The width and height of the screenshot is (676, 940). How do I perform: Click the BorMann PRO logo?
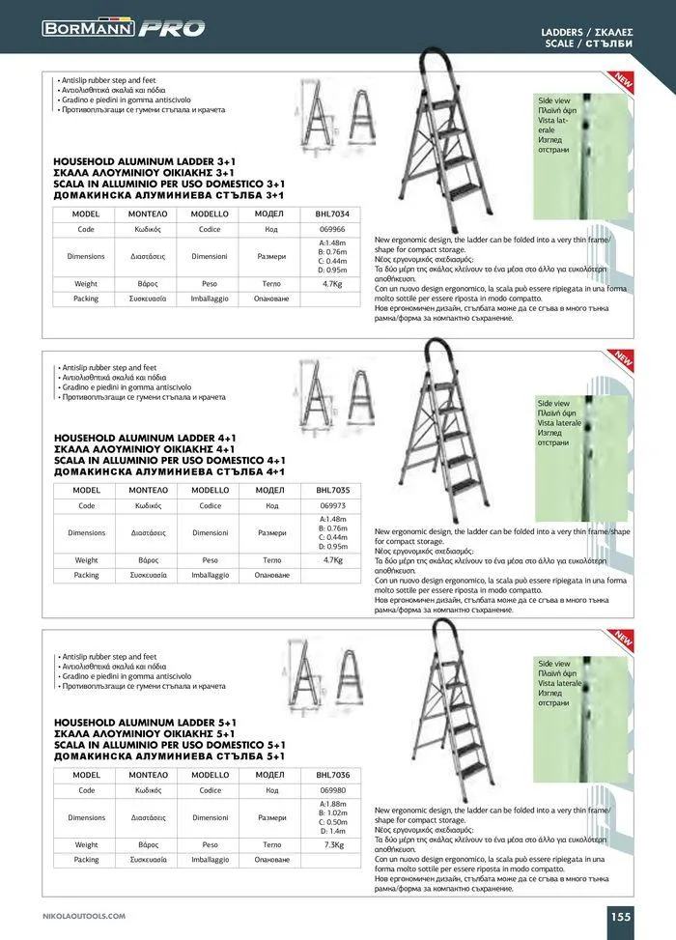click(x=124, y=28)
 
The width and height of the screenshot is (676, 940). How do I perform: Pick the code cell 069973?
click(x=332, y=505)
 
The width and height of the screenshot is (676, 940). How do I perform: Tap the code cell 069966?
click(x=332, y=229)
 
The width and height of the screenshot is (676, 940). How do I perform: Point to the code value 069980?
click(x=332, y=790)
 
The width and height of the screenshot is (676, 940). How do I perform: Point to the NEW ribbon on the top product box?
click(x=622, y=84)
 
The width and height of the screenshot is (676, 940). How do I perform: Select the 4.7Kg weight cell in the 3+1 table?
click(x=332, y=284)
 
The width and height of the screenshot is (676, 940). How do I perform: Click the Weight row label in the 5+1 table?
click(x=87, y=843)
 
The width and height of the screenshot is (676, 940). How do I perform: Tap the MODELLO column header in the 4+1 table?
click(x=211, y=490)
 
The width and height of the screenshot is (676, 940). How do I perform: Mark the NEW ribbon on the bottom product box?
click(x=622, y=638)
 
